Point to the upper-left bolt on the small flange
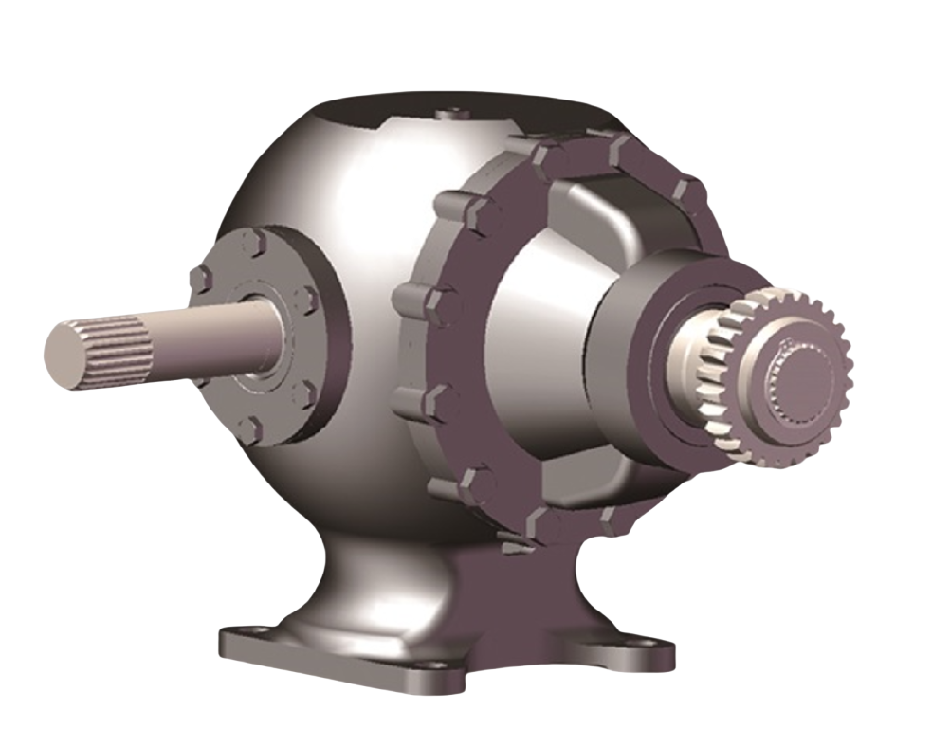click(x=200, y=280)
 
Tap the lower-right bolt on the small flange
click(x=304, y=393)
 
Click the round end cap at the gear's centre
click(x=801, y=379)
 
